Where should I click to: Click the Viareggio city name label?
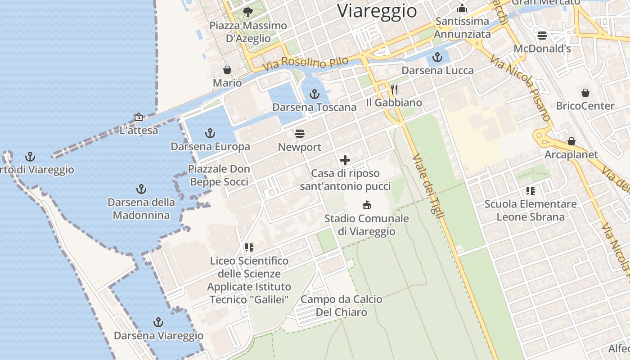377,10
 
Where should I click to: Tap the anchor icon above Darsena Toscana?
315,94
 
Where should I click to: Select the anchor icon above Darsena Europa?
210,133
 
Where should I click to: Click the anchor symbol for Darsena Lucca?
437,57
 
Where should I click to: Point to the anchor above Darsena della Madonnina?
141,189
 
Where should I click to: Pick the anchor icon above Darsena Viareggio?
158,322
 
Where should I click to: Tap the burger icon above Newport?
300,133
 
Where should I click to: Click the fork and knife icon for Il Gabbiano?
394,90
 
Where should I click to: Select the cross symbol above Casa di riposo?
345,160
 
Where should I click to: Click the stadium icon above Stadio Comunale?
367,205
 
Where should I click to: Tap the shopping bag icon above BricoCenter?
585,93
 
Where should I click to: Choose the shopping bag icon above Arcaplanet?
571,141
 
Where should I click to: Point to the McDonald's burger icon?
542,35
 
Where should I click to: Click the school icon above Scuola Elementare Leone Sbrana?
531,191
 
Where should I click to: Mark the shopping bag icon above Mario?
227,70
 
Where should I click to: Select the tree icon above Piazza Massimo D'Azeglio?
247,12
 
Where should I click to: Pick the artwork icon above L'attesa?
139,117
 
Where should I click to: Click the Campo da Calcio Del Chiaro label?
341,306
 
